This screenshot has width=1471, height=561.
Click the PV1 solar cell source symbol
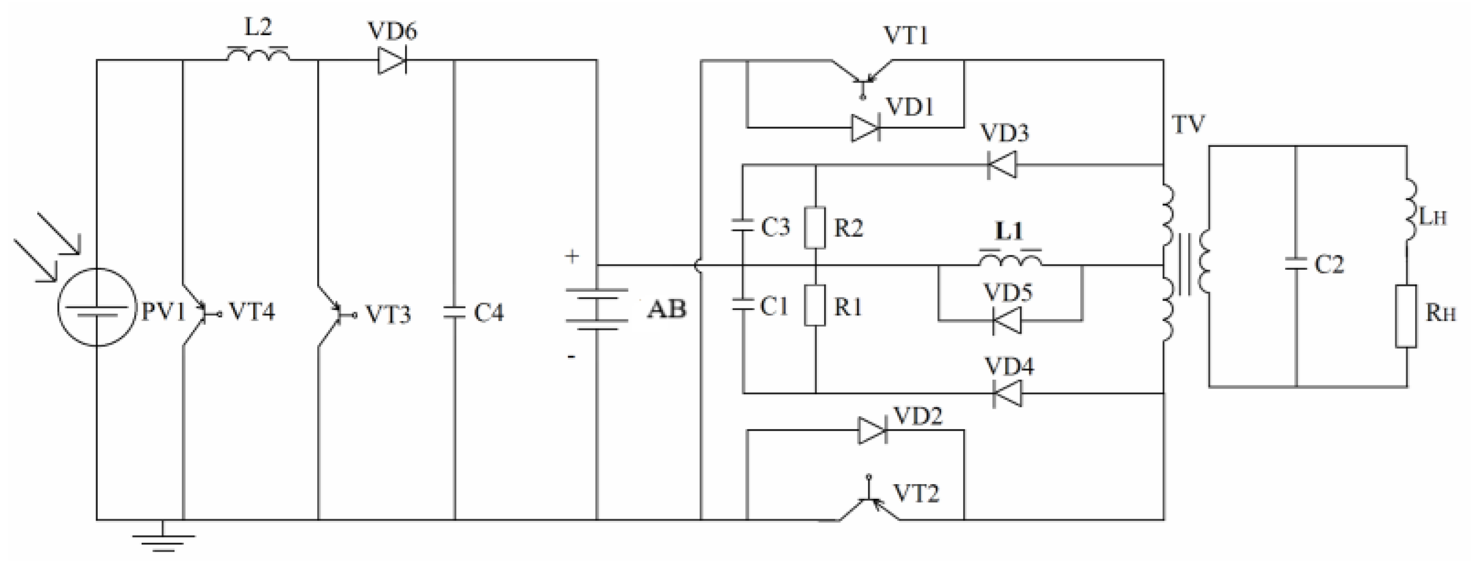[97, 307]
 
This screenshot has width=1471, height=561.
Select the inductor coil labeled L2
[258, 55]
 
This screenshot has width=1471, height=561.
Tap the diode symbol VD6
[392, 60]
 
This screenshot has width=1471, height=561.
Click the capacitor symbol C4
[455, 313]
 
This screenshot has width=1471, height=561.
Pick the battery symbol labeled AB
[596, 309]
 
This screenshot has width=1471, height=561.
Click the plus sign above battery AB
[572, 257]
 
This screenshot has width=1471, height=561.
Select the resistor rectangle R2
[815, 227]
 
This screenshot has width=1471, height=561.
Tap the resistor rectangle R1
[815, 306]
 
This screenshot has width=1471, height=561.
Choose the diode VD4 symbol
[1007, 393]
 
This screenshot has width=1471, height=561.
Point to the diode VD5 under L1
[1007, 320]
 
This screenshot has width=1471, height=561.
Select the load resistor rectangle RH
[1406, 316]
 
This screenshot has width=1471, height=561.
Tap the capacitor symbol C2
[1296, 264]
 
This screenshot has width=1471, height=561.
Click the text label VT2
[916, 493]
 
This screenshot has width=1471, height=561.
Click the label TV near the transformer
[1188, 124]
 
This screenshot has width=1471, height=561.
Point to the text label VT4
[251, 312]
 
